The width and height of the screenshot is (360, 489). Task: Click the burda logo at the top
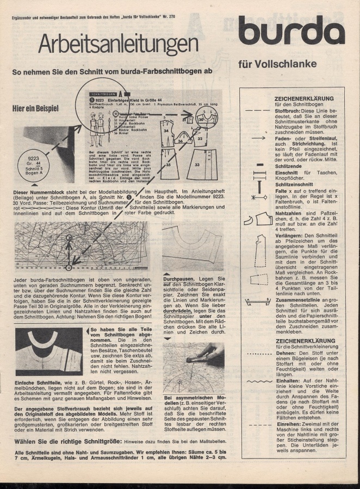pyautogui.click(x=291, y=30)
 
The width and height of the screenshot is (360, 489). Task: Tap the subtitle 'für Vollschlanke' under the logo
pyautogui.click(x=277, y=64)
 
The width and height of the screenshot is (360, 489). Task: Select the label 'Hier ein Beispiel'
pyautogui.click(x=36, y=108)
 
